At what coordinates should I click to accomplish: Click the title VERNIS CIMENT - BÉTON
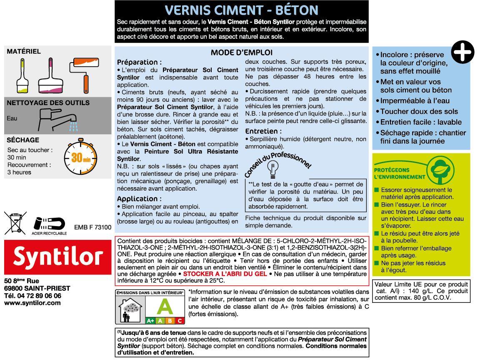pos(241,10)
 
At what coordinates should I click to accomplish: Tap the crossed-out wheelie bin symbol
pos(15,222)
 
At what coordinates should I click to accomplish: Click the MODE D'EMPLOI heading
pos(241,53)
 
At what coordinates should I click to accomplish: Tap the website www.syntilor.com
pos(32,303)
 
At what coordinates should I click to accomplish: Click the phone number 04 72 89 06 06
pos(39,295)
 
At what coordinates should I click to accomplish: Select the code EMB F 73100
pos(93,227)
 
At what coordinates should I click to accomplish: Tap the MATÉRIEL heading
pos(24,51)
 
